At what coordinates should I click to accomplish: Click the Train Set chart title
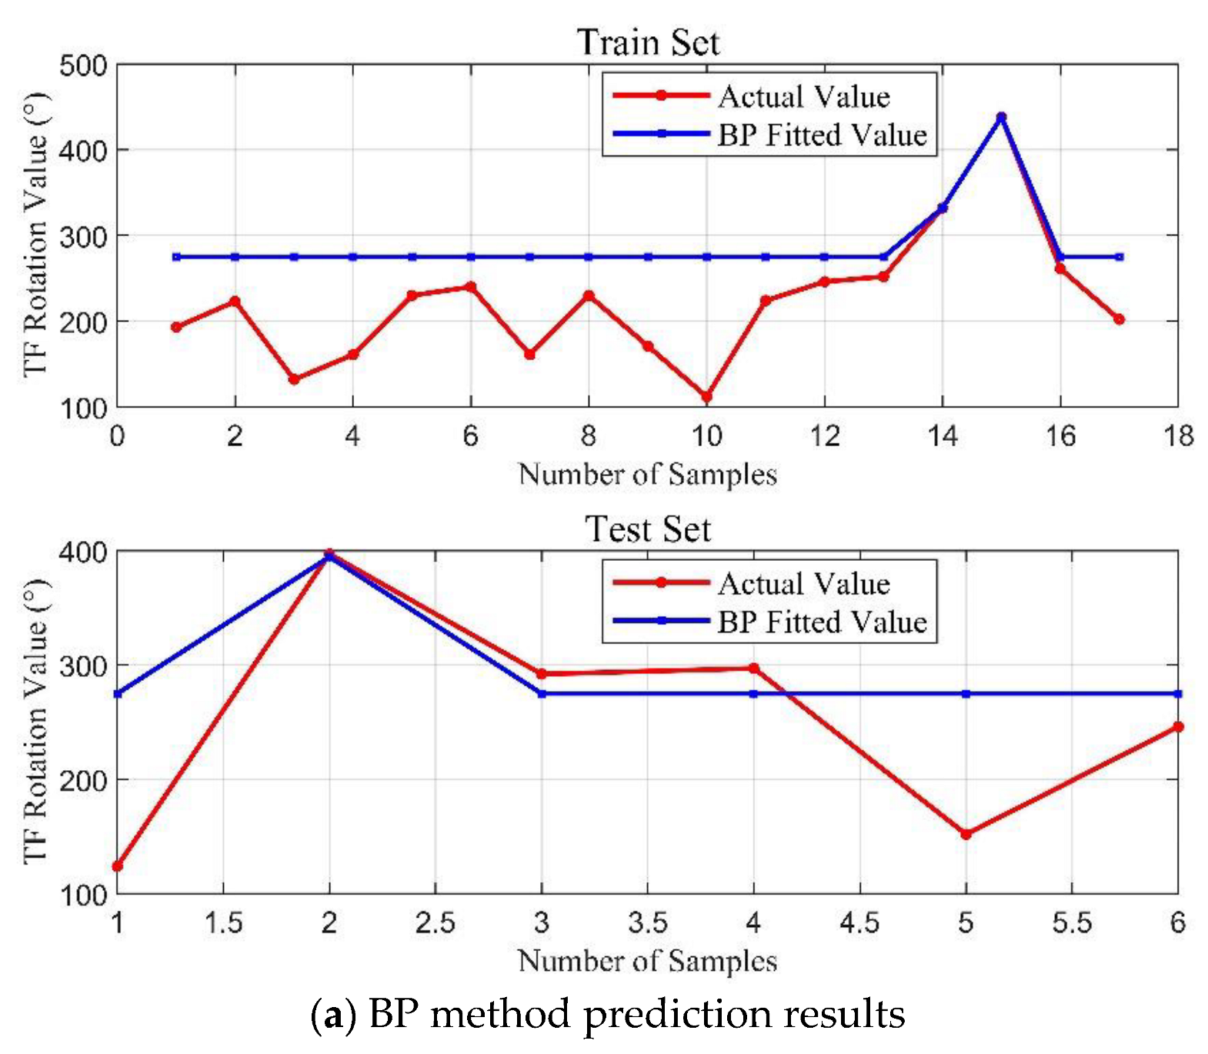(x=648, y=42)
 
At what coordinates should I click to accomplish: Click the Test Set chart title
(x=648, y=529)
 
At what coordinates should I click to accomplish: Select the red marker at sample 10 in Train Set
(x=706, y=397)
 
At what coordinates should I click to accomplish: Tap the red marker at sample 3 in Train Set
(x=294, y=379)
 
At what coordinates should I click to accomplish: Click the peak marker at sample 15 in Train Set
(x=1001, y=118)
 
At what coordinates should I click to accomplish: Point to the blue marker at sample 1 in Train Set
(x=176, y=257)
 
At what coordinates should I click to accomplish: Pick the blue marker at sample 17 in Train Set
(x=1119, y=257)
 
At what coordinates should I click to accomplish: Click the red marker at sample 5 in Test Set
(x=966, y=834)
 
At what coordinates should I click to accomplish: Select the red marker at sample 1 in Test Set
(x=118, y=866)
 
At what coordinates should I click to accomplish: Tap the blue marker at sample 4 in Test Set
(x=753, y=694)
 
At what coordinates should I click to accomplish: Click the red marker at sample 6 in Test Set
(x=1177, y=726)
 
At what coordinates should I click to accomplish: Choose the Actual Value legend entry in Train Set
(x=803, y=96)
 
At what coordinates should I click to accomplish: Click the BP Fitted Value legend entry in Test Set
(x=822, y=622)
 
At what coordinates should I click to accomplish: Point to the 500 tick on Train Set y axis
(x=84, y=65)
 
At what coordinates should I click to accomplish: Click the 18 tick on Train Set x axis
(x=1178, y=436)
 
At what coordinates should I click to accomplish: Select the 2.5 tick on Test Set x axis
(x=435, y=922)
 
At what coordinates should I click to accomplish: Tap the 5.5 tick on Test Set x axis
(x=1072, y=922)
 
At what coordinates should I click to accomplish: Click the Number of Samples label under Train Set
(x=648, y=474)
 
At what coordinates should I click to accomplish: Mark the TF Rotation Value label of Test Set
(x=35, y=721)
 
